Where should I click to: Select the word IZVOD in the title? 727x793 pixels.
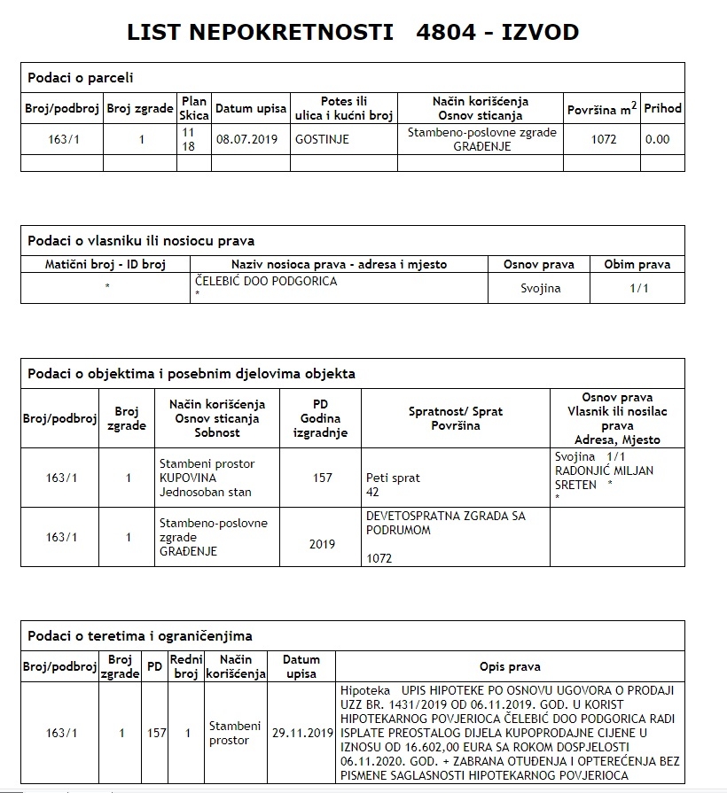coord(539,33)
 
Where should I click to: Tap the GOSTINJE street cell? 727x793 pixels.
coord(322,139)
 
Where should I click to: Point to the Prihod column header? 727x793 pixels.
coord(663,108)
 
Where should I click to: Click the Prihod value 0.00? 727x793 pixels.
coord(658,139)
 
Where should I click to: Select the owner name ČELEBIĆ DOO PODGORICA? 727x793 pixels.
coord(266,282)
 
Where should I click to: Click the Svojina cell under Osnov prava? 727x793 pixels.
coord(539,289)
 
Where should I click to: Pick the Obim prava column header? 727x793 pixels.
coord(637,264)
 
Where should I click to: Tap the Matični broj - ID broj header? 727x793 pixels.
coord(106,264)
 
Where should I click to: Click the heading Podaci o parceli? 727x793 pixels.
coord(82,78)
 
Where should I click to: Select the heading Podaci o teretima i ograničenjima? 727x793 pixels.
coord(140,635)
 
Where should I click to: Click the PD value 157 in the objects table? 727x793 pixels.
coord(323,478)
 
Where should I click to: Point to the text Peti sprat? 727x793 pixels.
coord(393,478)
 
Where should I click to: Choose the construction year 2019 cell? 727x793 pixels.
coord(323,544)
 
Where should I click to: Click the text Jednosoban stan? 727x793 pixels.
coord(205,493)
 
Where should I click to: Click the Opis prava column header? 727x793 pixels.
coord(510,666)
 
